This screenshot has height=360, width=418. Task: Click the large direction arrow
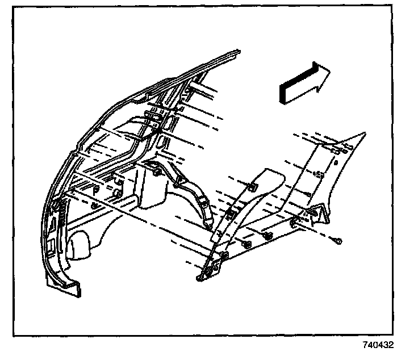tap(304, 82)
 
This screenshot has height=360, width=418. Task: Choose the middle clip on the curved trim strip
tap(231, 213)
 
